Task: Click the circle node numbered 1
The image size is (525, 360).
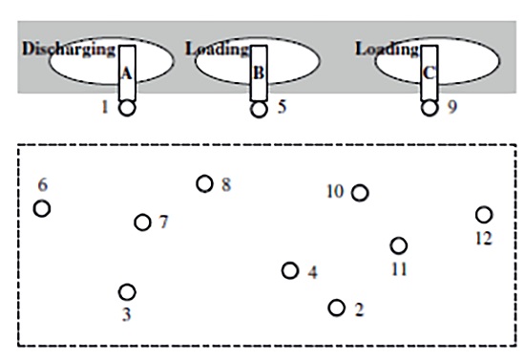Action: tap(127, 108)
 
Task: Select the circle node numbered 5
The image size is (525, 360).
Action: tap(259, 109)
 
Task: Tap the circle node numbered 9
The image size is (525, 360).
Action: tap(430, 107)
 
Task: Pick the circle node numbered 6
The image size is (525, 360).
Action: tap(42, 208)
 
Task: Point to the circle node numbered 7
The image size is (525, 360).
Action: tap(143, 222)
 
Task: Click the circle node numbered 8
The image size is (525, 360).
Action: tap(204, 183)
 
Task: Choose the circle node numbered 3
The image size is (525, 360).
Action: tap(127, 292)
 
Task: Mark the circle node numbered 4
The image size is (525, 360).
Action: tap(290, 270)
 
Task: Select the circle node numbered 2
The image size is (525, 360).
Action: tap(337, 307)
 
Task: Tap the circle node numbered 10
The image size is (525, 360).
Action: tap(360, 193)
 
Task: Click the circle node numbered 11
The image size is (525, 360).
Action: tap(399, 245)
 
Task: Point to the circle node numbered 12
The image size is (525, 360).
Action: tap(484, 215)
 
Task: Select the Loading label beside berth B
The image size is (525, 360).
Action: tap(218, 49)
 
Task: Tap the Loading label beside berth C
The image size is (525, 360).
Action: tap(388, 49)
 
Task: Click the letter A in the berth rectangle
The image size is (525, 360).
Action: tap(127, 71)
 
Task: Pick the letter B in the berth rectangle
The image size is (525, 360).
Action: tap(259, 72)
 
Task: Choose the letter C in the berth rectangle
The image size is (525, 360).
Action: tap(430, 71)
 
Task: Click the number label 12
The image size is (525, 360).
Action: tap(484, 238)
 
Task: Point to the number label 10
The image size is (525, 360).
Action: tap(335, 192)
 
